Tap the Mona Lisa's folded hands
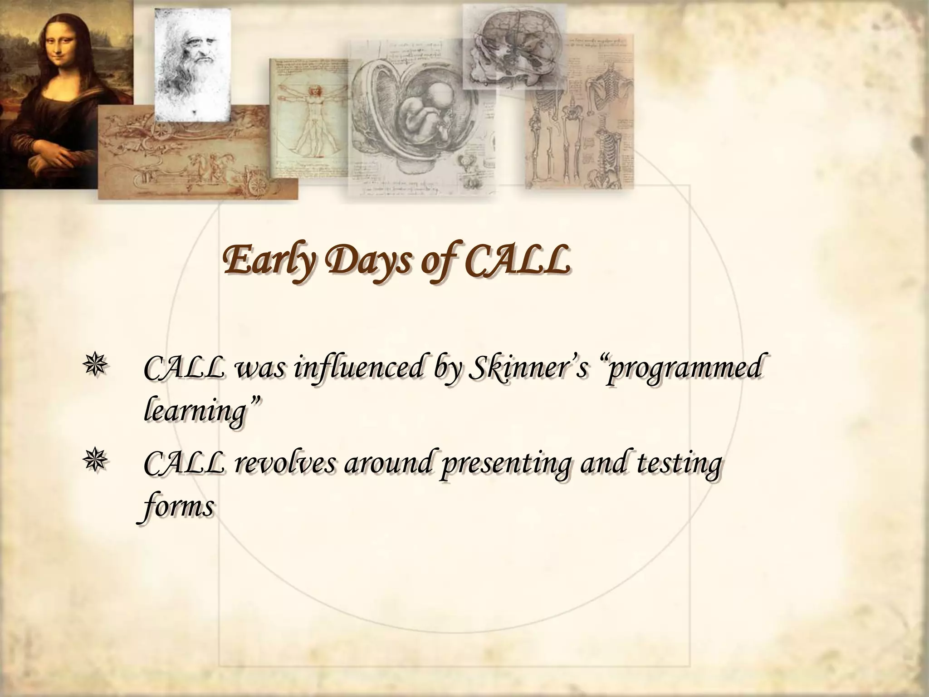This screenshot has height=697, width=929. point(64,159)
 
